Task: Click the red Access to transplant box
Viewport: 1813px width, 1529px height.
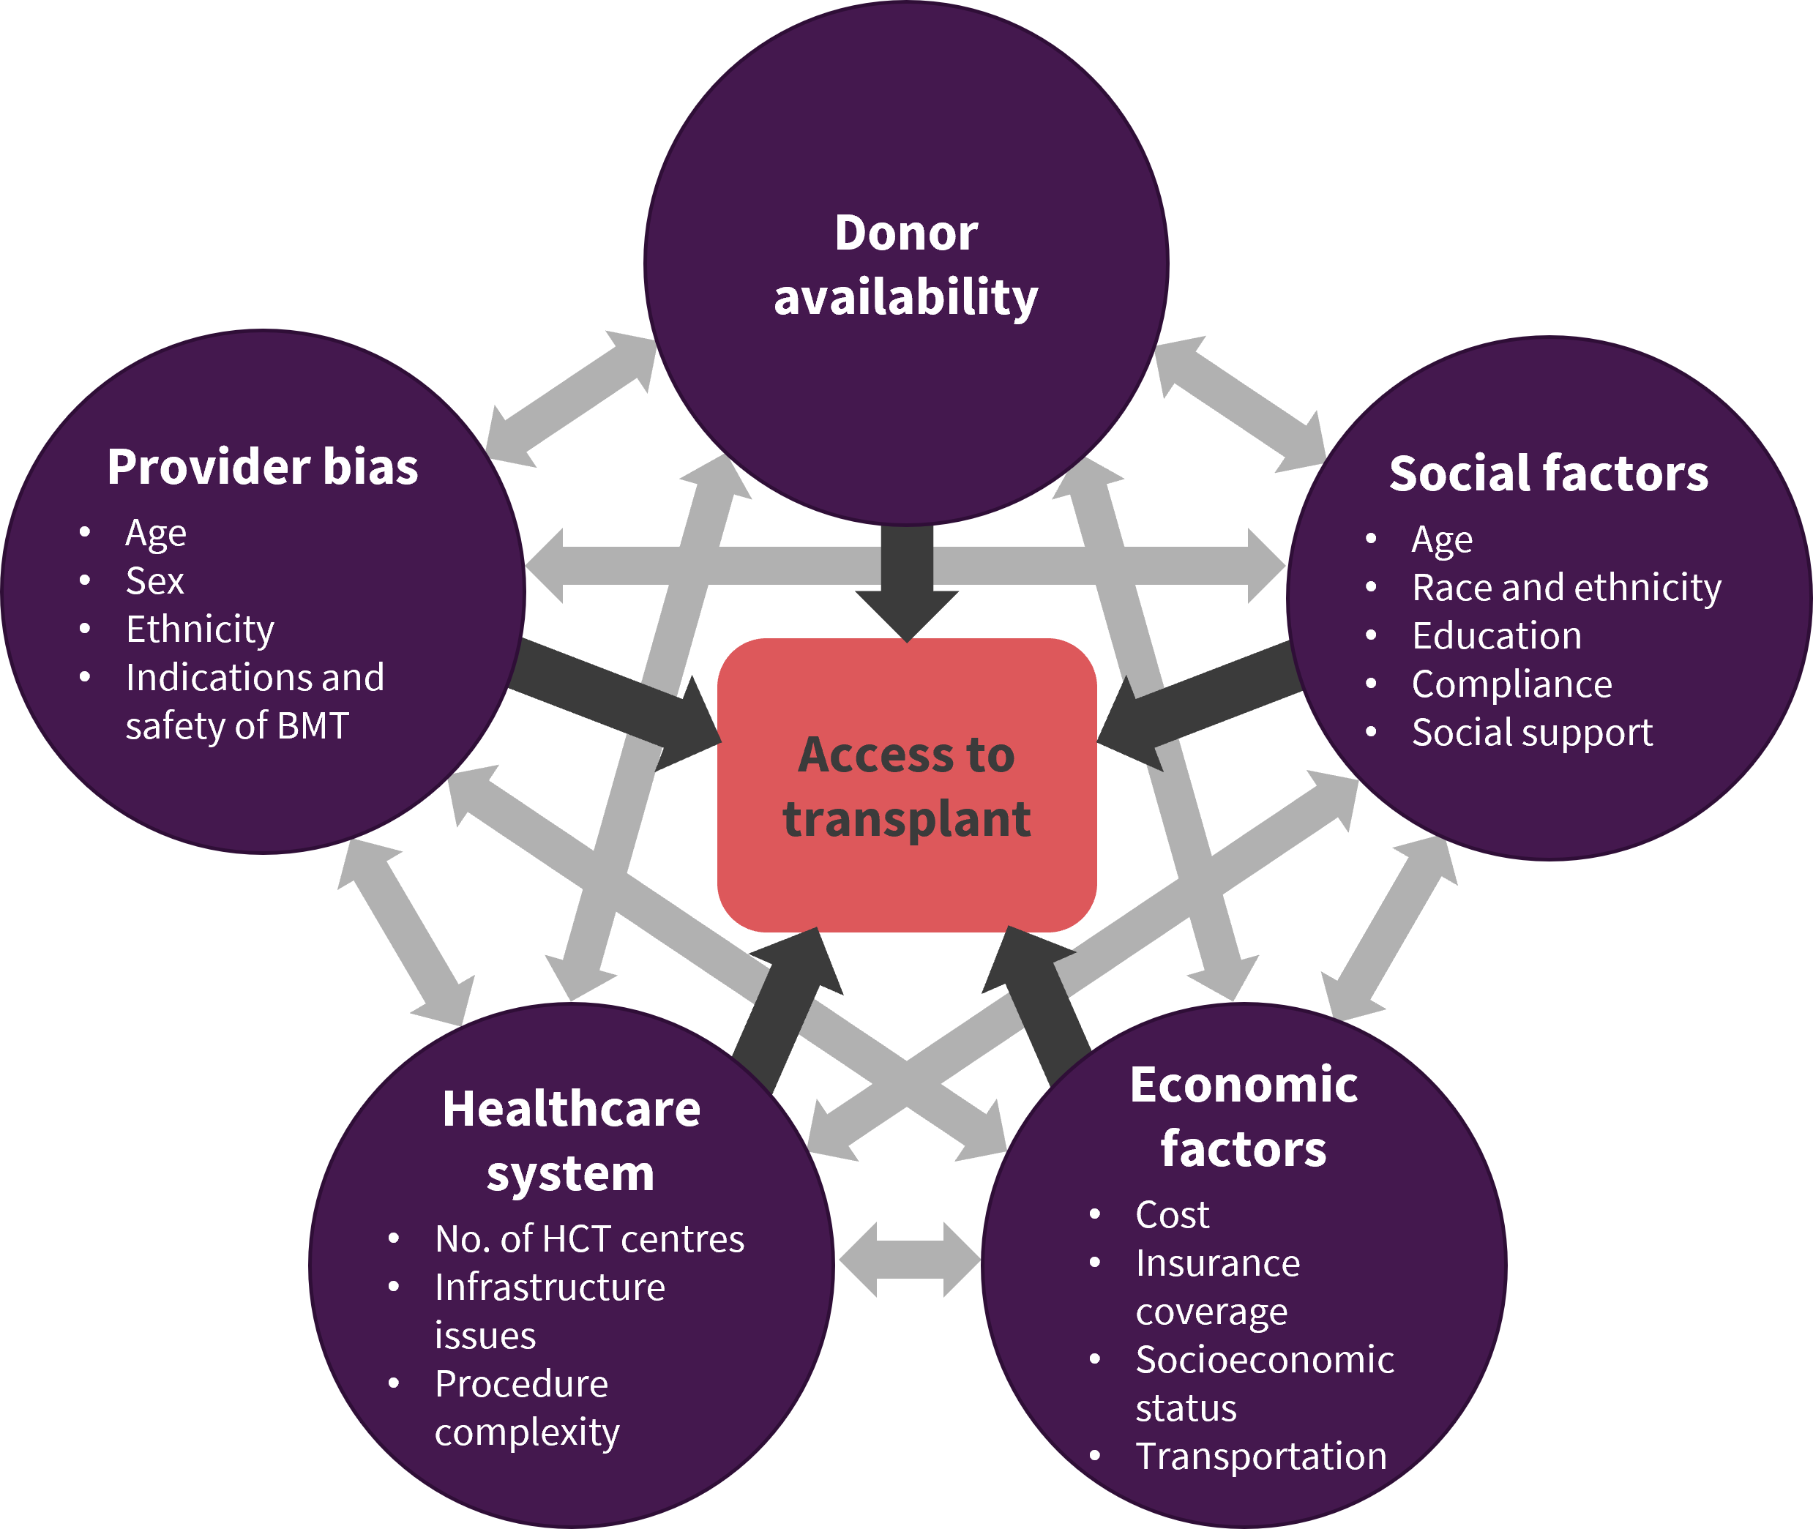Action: pos(906,785)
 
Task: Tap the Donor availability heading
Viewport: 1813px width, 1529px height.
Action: pos(905,265)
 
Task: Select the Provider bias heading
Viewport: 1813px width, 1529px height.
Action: pos(263,467)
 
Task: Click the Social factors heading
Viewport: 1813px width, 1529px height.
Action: pos(1549,474)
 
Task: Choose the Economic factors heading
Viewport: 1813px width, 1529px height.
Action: pos(1244,1117)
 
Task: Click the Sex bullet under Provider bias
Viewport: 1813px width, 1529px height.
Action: pos(155,580)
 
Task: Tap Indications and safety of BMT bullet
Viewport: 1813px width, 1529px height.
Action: pos(255,701)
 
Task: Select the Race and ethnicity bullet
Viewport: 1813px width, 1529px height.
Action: pos(1567,588)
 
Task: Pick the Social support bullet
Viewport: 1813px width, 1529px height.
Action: pos(1532,733)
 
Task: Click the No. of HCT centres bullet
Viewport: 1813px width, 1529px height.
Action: pos(589,1239)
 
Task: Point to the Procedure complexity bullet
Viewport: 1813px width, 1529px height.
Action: pos(527,1407)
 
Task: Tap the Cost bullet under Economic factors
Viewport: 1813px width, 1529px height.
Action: pos(1172,1215)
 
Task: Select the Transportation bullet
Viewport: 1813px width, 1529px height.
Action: pos(1261,1457)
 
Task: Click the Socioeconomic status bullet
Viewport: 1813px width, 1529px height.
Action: pos(1265,1383)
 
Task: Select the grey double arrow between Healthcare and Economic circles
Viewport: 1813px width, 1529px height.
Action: pos(909,1260)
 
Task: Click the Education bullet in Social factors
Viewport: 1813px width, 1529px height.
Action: pos(1497,636)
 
